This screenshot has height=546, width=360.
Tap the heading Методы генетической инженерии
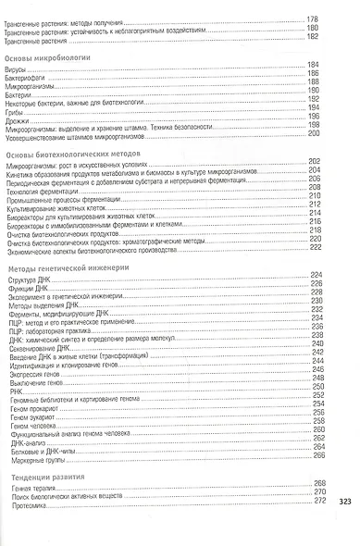pos(64,268)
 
